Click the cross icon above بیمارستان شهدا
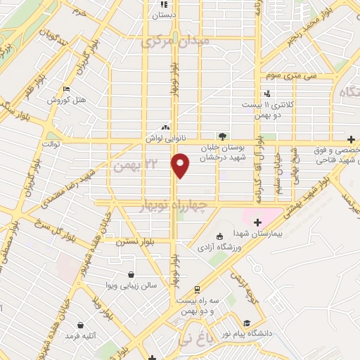tap(257, 222)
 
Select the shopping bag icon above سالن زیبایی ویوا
tap(131, 274)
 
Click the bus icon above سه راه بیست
tap(198, 288)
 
